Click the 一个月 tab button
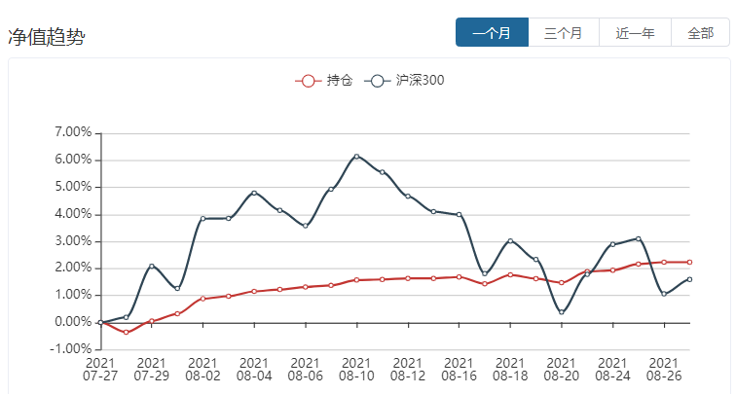pyautogui.click(x=492, y=33)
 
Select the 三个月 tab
pyautogui.click(x=564, y=33)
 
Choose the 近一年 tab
pyautogui.click(x=635, y=33)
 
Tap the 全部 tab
pyautogui.click(x=700, y=33)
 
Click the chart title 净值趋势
pyautogui.click(x=47, y=38)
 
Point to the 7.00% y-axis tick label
pyautogui.click(x=73, y=132)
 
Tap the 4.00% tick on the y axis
pyautogui.click(x=73, y=214)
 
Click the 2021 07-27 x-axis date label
pyautogui.click(x=100, y=368)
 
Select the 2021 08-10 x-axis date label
pyautogui.click(x=356, y=368)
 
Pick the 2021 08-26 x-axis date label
pyautogui.click(x=664, y=368)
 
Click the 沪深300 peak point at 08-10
pyautogui.click(x=356, y=156)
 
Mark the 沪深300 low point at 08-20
pyautogui.click(x=562, y=312)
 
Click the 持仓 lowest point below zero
pyautogui.click(x=126, y=333)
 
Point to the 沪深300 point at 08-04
pyautogui.click(x=254, y=193)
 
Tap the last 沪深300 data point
pyautogui.click(x=689, y=279)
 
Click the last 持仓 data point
pyautogui.click(x=689, y=262)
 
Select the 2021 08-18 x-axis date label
pyautogui.click(x=510, y=368)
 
